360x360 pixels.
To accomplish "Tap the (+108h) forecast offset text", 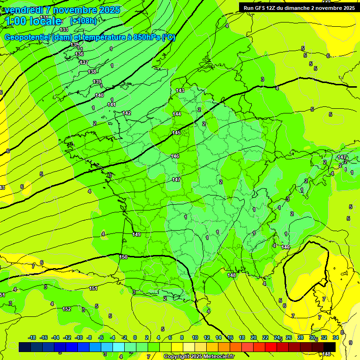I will coord(83,21).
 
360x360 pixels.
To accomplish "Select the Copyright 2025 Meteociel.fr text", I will coord(198,356).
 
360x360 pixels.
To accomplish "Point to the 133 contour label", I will coord(64,30).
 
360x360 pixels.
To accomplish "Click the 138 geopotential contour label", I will coord(92,72).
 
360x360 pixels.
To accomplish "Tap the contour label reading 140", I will coord(99,95).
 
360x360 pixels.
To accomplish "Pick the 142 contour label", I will coord(127,113).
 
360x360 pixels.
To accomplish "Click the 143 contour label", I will coord(180,90).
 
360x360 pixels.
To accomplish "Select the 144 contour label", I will coord(177,114).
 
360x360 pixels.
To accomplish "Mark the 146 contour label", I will coord(175,156).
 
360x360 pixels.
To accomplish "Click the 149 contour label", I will coord(136,234).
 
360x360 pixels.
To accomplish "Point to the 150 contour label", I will coord(123,257).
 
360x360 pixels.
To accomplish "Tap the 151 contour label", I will coord(93,288).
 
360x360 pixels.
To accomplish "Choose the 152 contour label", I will coord(67,309).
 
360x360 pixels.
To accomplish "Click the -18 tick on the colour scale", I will coord(32,337).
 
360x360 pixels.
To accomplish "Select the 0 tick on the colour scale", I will coord(135,337).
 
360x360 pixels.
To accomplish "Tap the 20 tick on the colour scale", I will coord(253,337).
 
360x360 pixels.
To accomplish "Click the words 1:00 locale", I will coord(33,21).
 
